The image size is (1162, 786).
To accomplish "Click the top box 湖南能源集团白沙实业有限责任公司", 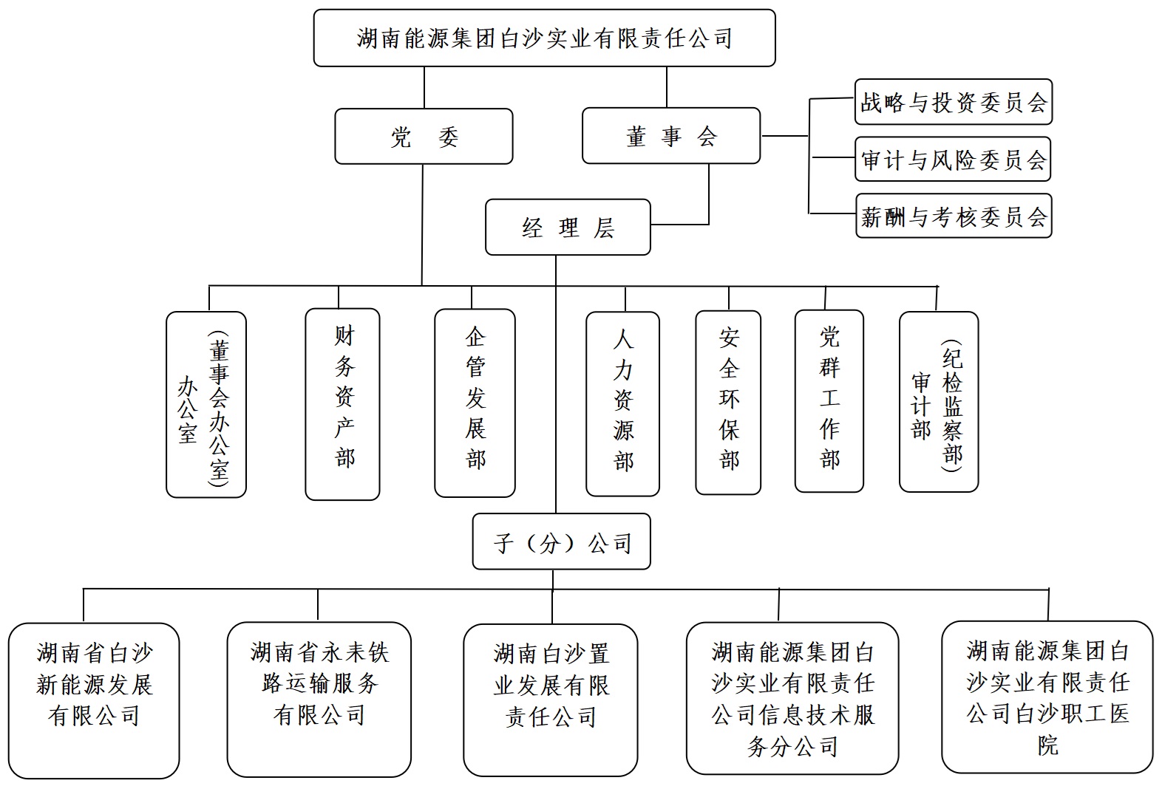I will (544, 38).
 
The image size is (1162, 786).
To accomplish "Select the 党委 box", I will (424, 137).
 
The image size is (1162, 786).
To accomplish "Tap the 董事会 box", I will (670, 136).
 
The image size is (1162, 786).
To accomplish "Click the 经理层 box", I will (568, 228).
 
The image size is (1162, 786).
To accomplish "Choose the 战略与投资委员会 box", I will (953, 102).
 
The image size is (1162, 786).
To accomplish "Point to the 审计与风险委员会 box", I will (953, 160).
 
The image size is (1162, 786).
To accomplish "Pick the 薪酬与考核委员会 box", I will (953, 216).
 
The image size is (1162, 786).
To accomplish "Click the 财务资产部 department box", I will (342, 403).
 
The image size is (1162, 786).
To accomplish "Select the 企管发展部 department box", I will (475, 403).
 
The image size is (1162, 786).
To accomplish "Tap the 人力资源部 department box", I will (622, 404).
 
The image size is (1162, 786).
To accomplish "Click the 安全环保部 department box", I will (728, 403).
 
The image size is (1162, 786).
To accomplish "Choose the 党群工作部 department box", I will (829, 401).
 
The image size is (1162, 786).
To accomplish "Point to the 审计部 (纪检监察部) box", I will (938, 402).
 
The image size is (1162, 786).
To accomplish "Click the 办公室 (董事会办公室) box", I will (205, 404).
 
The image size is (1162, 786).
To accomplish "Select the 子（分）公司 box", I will (561, 542).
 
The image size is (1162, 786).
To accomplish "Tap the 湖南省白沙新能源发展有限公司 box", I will (94, 700).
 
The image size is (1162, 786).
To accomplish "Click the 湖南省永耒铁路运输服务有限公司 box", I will (319, 698).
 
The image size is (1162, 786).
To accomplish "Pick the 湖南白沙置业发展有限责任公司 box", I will (550, 700).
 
